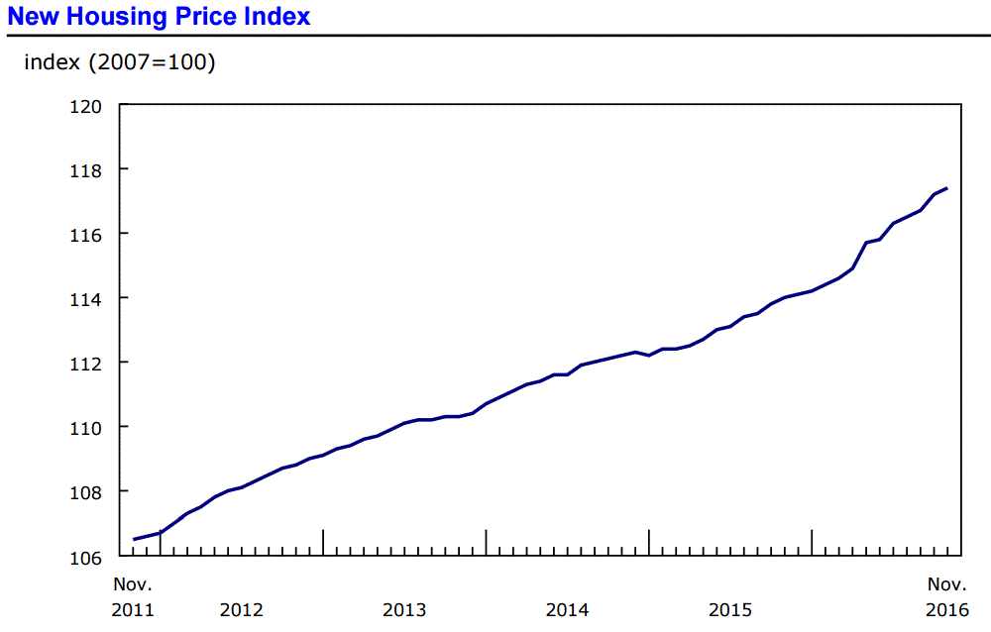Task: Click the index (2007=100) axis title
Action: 120,62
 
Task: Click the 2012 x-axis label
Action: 242,609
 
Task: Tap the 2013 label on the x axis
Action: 404,609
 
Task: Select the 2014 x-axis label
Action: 567,609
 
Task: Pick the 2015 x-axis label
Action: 729,609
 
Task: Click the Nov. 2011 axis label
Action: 133,596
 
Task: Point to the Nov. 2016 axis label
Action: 947,596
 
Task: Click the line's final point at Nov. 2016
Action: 947,188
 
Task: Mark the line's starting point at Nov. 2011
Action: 134,539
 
